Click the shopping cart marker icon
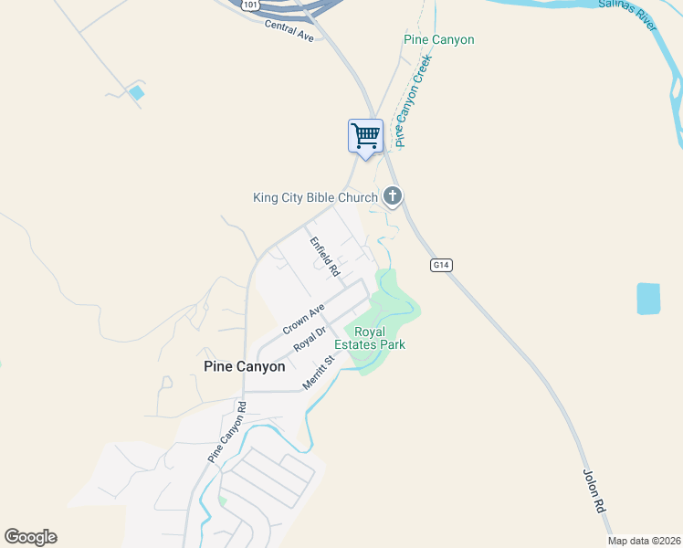365,136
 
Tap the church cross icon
393,195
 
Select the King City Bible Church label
315,197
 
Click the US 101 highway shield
250,5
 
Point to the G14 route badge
442,265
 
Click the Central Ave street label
289,31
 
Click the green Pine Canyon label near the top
439,40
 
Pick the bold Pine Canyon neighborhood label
243,366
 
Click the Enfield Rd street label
324,257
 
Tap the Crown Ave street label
303,318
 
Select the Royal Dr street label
310,340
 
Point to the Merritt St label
320,372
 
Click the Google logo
30,537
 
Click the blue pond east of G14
647,298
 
